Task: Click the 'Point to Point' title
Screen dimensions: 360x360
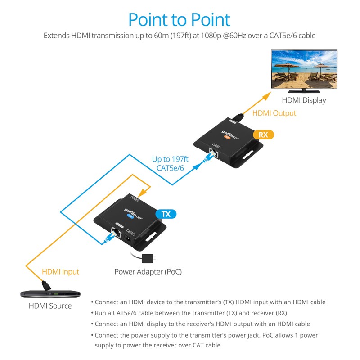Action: (179, 20)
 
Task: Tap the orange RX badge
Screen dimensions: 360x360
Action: (264, 135)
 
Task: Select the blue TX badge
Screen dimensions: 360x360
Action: (166, 214)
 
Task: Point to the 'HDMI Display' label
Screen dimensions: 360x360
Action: (304, 100)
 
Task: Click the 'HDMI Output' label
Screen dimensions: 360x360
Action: (274, 113)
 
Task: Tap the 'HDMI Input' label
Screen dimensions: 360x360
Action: (60, 271)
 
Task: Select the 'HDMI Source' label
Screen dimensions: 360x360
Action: (50, 306)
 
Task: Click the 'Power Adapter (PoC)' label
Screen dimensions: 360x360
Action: (148, 271)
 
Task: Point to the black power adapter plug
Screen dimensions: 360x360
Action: (147, 258)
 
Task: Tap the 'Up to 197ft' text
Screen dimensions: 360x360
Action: (170, 159)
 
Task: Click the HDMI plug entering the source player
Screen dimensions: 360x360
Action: (45, 285)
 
